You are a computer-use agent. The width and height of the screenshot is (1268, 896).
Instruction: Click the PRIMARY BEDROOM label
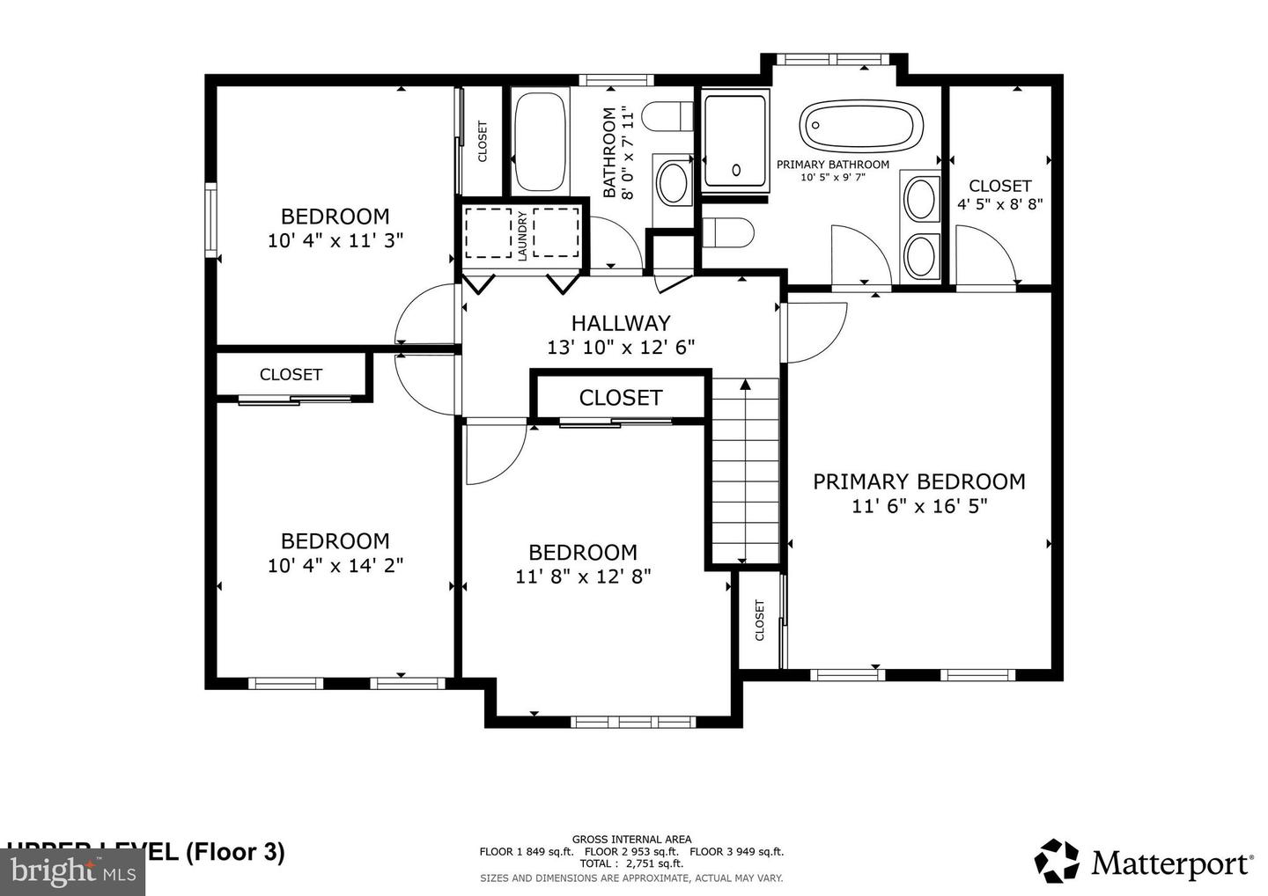[918, 481]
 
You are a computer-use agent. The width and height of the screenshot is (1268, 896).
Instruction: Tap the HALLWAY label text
[620, 323]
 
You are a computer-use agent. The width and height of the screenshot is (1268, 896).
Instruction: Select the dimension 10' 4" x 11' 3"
[335, 239]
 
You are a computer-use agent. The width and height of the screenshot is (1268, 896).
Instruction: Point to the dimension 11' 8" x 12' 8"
[583, 576]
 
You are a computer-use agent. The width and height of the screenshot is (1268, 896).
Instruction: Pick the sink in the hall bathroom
[675, 181]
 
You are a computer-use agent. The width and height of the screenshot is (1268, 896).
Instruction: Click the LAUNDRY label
[522, 235]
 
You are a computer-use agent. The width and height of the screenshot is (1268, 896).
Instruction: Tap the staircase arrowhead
[745, 384]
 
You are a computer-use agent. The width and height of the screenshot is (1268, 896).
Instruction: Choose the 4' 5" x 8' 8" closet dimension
[999, 204]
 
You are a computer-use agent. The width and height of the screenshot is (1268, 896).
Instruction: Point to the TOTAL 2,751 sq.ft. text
[630, 863]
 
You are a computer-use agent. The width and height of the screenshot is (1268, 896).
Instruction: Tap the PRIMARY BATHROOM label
[832, 165]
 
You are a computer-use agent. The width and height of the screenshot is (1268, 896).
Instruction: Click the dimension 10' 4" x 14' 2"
[335, 564]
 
